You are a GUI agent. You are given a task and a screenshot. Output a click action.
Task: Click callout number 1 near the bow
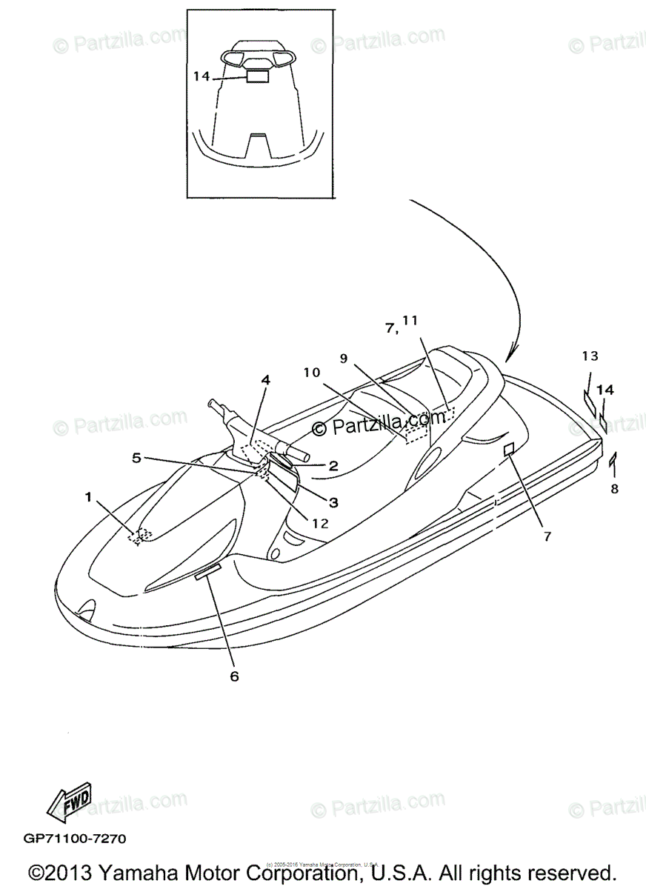pyautogui.click(x=89, y=497)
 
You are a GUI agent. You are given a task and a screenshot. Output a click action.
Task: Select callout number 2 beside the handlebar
pyautogui.click(x=333, y=466)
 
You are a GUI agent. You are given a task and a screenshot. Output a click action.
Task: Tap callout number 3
pyautogui.click(x=333, y=502)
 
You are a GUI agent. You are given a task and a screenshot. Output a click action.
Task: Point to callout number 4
pyautogui.click(x=265, y=380)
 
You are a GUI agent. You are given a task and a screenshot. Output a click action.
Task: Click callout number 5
pyautogui.click(x=136, y=459)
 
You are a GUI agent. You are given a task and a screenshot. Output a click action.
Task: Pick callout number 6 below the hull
pyautogui.click(x=235, y=676)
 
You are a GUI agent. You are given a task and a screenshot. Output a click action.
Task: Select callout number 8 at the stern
pyautogui.click(x=614, y=489)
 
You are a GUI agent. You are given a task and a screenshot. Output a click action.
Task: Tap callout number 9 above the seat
pyautogui.click(x=344, y=358)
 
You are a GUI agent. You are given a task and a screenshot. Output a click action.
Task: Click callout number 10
pyautogui.click(x=312, y=372)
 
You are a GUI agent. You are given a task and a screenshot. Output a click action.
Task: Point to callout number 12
pyautogui.click(x=319, y=523)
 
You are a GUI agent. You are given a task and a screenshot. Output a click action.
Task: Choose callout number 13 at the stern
pyautogui.click(x=589, y=356)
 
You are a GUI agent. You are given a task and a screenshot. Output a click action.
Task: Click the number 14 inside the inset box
pyautogui.click(x=202, y=76)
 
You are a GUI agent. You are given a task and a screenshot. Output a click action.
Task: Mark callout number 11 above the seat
pyautogui.click(x=410, y=321)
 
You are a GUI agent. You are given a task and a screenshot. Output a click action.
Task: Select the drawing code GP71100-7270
pyautogui.click(x=75, y=839)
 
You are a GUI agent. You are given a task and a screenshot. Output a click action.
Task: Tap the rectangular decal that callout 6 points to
pyautogui.click(x=208, y=572)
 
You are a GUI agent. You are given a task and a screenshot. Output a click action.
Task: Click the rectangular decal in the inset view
pyautogui.click(x=257, y=76)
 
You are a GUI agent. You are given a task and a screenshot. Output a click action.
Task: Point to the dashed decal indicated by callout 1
pyautogui.click(x=139, y=535)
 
